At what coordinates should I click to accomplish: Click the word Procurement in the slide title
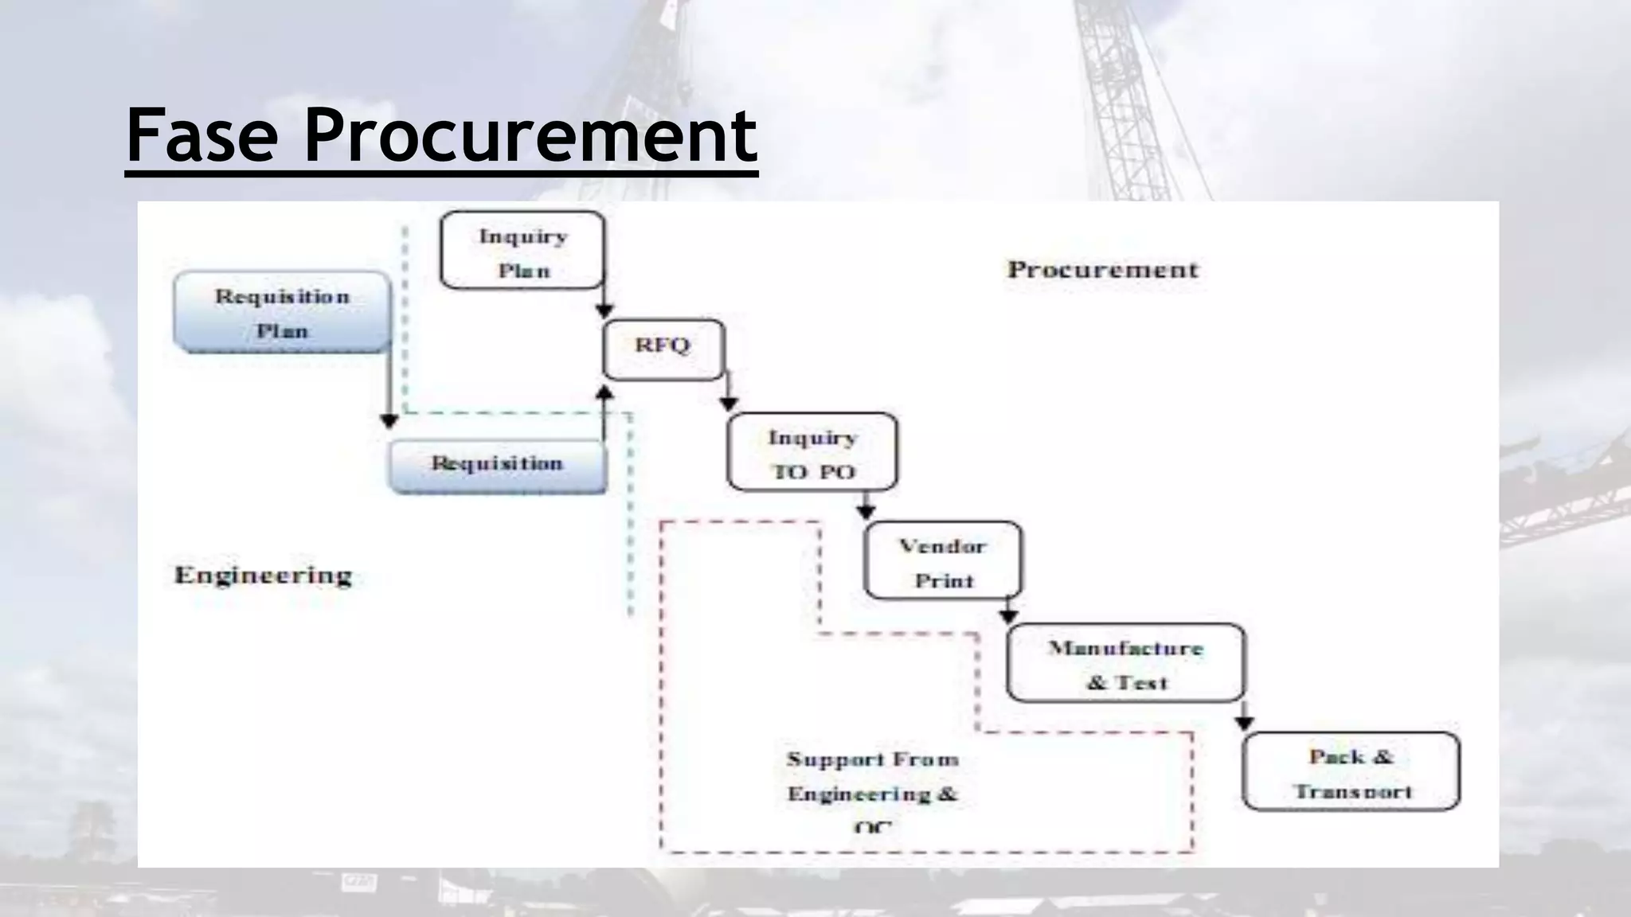(530, 135)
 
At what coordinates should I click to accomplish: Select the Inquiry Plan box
(522, 252)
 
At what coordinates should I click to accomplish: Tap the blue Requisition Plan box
(282, 313)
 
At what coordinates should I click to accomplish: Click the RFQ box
(663, 349)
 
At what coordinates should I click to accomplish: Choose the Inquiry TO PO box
(812, 453)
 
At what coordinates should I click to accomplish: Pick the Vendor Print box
(943, 562)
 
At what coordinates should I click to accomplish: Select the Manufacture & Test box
(1124, 664)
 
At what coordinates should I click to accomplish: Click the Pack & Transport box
(1351, 772)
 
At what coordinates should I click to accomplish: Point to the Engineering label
(263, 575)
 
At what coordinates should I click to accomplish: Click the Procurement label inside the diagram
(1102, 270)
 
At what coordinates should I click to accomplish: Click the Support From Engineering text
(872, 777)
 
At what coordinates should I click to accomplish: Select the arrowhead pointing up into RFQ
(604, 392)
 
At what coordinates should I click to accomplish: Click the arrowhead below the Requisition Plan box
(389, 421)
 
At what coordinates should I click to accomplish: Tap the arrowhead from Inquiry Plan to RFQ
(604, 310)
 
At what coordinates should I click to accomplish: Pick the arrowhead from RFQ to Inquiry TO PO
(728, 404)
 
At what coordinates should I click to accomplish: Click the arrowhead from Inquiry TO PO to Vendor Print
(866, 512)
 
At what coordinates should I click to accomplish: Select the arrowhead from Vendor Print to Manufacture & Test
(1008, 616)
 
